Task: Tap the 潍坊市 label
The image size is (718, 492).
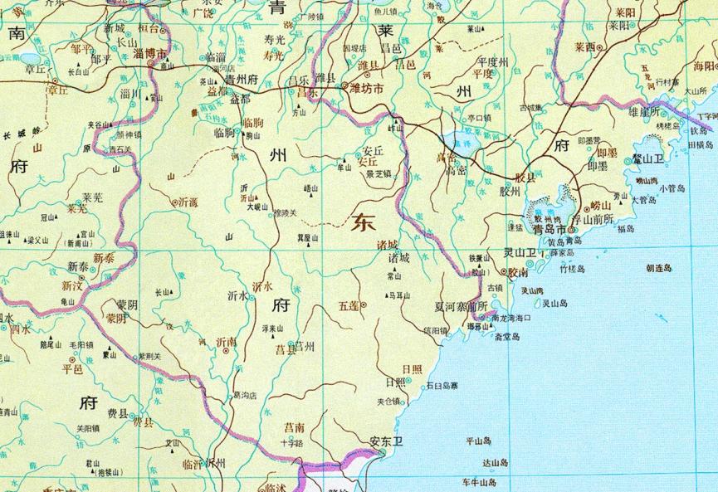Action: [x=366, y=87]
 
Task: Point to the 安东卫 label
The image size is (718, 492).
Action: [x=385, y=441]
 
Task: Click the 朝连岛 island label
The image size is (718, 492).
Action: [x=658, y=268]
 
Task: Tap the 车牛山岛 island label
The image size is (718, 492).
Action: [x=480, y=482]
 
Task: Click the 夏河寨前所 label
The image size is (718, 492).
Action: [x=460, y=305]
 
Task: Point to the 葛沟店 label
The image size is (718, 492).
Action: [x=245, y=395]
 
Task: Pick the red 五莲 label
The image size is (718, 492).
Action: [x=349, y=305]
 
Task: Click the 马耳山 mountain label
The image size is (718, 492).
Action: [x=400, y=295]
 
